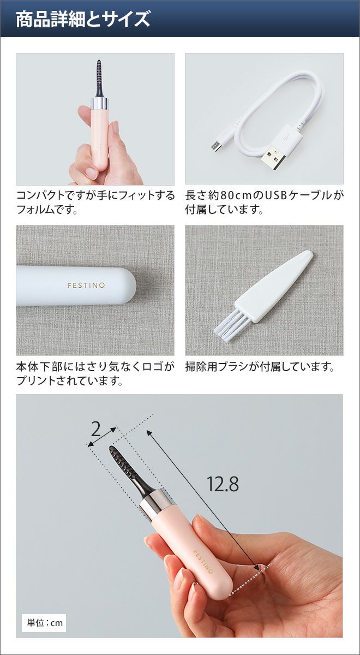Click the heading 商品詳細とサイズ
tap(83, 20)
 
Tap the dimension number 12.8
tap(223, 484)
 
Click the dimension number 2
tap(96, 429)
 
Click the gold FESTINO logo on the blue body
tap(86, 285)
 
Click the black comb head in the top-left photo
tap(99, 78)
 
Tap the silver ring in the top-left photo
tap(99, 104)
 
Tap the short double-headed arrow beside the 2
tap(101, 437)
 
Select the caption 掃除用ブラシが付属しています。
tap(260, 367)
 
